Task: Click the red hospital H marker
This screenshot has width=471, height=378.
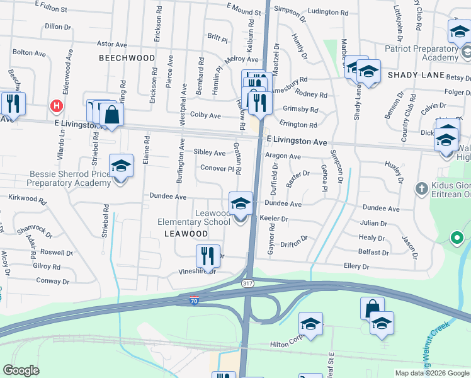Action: (x=57, y=106)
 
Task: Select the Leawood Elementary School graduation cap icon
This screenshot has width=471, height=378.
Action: (x=240, y=204)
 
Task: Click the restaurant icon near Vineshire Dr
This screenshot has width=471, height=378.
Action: (x=208, y=256)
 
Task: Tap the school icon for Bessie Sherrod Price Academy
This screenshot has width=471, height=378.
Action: (x=121, y=166)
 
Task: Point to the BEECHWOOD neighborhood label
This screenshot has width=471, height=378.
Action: (x=127, y=58)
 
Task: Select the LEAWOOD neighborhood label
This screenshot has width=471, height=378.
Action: (x=186, y=234)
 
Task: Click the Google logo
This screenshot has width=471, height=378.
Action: (x=21, y=370)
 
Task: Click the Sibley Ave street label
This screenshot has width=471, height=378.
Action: (x=210, y=153)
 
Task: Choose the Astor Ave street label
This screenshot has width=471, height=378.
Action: (x=111, y=44)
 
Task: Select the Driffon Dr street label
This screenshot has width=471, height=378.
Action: (x=294, y=239)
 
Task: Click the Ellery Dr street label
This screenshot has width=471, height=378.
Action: (x=356, y=266)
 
